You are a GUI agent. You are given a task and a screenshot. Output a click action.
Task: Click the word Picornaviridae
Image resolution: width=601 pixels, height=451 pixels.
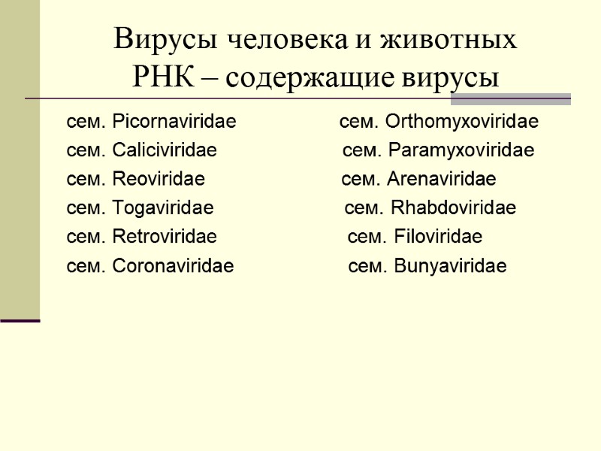174,122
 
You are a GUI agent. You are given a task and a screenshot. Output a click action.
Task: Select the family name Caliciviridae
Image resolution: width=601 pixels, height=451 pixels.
164,151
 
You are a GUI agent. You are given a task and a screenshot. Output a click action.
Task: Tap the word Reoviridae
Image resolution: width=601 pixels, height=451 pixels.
158,180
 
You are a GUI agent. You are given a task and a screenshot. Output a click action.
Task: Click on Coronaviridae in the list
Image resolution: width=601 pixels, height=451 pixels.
173,266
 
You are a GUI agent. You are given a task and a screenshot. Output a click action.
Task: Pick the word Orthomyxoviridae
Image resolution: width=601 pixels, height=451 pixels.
461,122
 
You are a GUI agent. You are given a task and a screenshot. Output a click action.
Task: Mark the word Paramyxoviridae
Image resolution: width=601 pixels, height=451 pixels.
461,151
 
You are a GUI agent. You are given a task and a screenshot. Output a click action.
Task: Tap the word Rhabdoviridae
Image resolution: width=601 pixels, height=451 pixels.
454,208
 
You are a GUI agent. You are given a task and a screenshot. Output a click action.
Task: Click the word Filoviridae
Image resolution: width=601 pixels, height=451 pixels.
438,238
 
